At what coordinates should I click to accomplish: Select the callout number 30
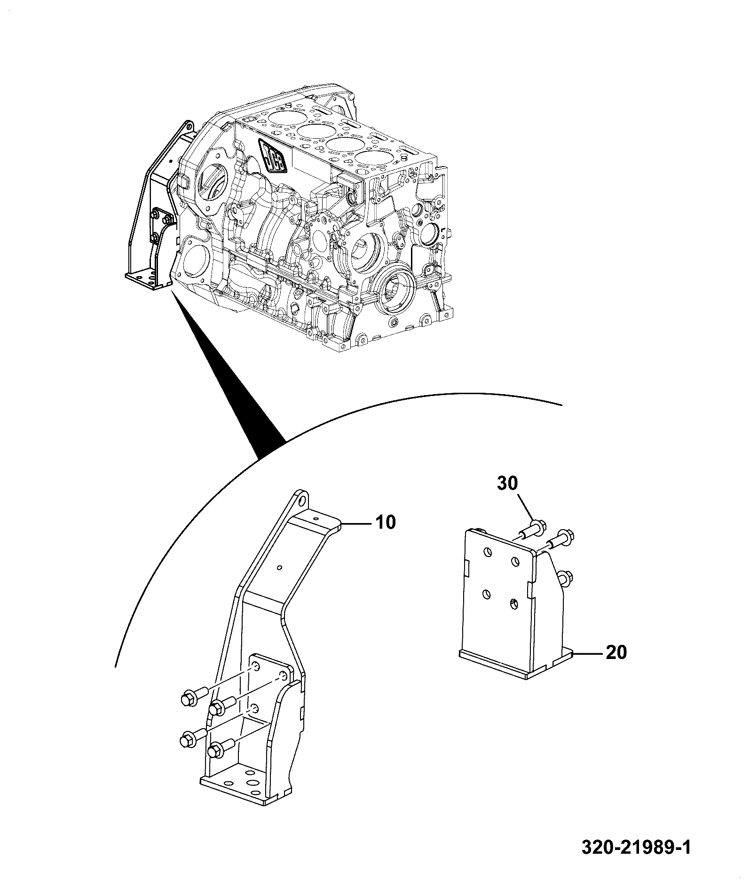506,484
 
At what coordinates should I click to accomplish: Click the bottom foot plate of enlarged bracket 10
248,796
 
